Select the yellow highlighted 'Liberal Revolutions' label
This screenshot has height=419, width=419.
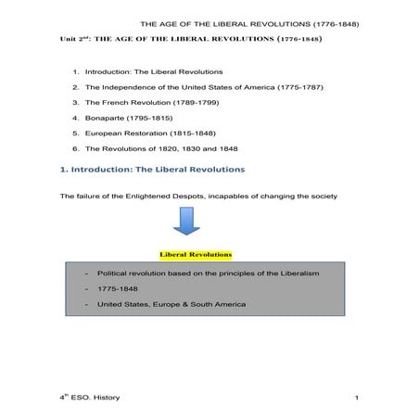click(x=196, y=253)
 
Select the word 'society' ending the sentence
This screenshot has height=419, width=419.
click(x=325, y=197)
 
